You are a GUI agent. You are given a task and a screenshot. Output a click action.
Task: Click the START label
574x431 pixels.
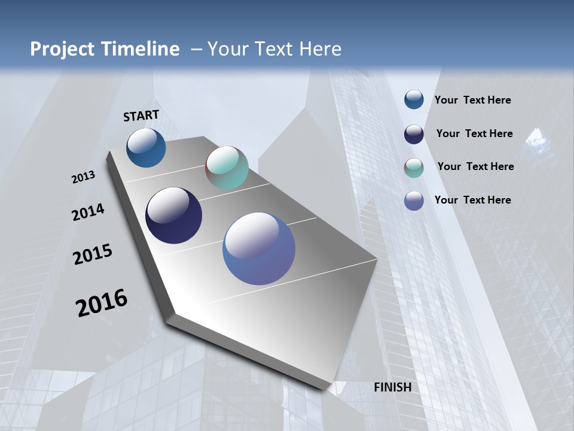tap(141, 116)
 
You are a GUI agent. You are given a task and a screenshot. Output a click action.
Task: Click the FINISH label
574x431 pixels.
tap(392, 387)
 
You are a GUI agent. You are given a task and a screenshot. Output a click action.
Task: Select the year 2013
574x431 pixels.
tap(83, 177)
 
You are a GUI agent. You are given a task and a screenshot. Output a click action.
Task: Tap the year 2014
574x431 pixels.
tap(88, 213)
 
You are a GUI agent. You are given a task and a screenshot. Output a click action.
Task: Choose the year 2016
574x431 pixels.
tap(102, 303)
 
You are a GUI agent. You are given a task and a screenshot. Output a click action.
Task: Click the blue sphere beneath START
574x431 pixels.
tap(146, 148)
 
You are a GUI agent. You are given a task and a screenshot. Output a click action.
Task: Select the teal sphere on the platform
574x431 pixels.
tap(227, 168)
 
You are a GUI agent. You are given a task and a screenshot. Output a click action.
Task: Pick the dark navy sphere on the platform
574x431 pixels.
tap(173, 215)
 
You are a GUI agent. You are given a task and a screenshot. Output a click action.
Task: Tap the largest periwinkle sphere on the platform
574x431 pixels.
tap(259, 248)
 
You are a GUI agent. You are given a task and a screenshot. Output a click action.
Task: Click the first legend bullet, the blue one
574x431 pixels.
tap(414, 99)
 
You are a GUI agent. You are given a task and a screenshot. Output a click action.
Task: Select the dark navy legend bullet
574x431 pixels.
tap(414, 134)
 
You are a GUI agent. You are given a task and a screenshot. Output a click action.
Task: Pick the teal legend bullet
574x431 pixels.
tap(414, 168)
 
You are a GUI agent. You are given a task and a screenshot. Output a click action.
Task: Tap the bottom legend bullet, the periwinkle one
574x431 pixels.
tap(414, 201)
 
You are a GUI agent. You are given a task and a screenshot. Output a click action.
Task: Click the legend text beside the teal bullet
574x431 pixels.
tap(475, 166)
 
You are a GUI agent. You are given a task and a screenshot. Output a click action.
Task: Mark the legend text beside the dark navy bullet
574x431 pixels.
tap(474, 133)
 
